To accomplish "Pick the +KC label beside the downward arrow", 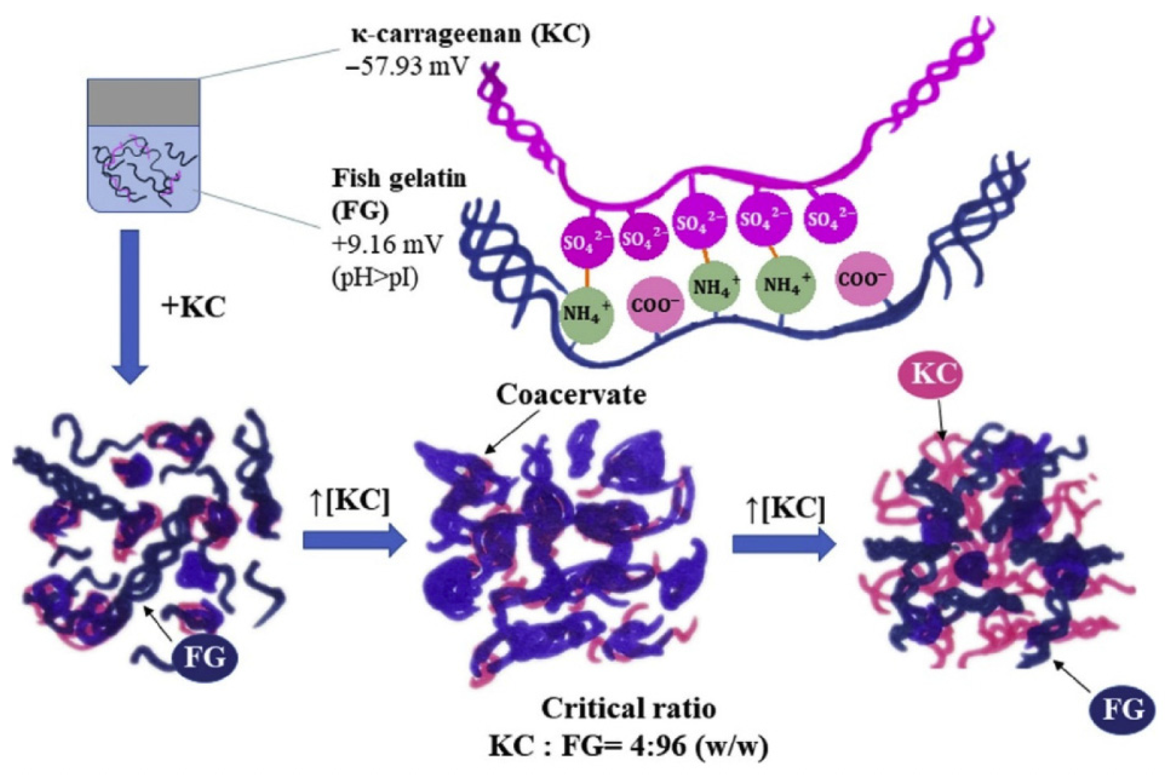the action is pos(193,307).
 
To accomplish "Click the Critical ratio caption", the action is pos(628,709).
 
